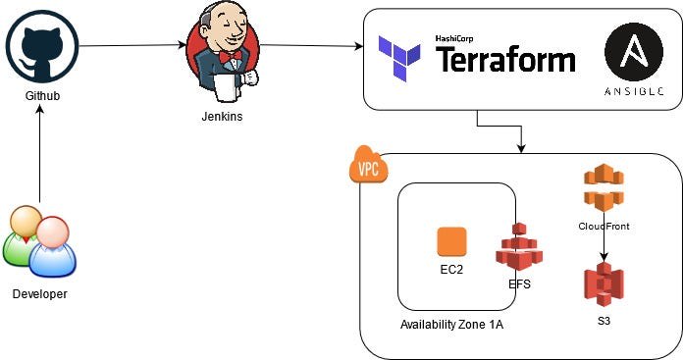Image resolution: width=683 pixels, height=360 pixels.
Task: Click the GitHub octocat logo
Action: tap(42, 46)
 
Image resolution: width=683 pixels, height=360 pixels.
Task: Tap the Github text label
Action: tap(42, 96)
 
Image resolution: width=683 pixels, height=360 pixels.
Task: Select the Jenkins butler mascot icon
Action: tap(223, 51)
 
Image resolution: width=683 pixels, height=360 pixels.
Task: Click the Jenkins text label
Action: tap(222, 116)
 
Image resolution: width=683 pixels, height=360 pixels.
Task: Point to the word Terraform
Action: tap(505, 60)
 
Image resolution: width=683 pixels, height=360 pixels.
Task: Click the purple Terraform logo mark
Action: tap(399, 59)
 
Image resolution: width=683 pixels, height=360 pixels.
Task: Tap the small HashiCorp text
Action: tap(454, 38)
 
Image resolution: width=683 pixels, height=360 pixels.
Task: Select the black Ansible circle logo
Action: tap(634, 52)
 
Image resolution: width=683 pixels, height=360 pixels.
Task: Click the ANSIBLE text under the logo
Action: tap(634, 91)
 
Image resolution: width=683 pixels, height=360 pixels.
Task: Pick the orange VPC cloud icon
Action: tap(369, 165)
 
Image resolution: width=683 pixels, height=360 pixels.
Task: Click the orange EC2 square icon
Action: tap(451, 241)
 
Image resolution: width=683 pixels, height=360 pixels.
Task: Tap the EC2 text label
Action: tap(451, 270)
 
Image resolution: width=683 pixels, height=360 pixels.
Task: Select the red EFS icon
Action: tap(519, 246)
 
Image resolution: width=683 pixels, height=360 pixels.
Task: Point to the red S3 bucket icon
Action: tap(604, 284)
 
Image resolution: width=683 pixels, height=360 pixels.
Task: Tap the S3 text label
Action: tap(604, 321)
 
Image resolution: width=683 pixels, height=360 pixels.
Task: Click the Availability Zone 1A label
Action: tap(451, 325)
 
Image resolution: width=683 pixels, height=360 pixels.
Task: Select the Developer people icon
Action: tap(39, 241)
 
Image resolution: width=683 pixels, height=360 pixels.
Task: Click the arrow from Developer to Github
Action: tap(39, 154)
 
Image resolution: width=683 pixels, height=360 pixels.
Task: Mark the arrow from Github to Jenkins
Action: tap(132, 45)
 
